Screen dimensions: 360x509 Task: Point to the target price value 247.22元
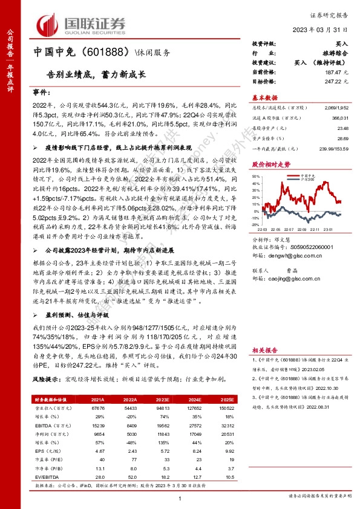pyautogui.click(x=336, y=80)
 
